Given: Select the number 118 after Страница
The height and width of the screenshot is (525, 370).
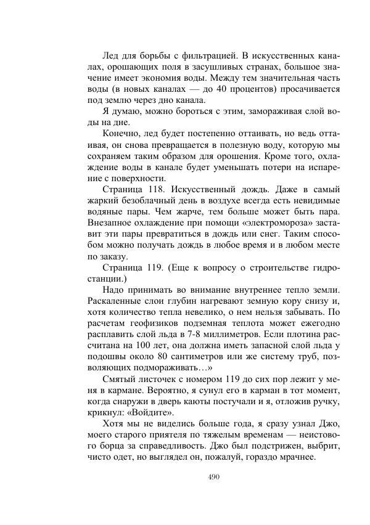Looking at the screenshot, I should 147,190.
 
